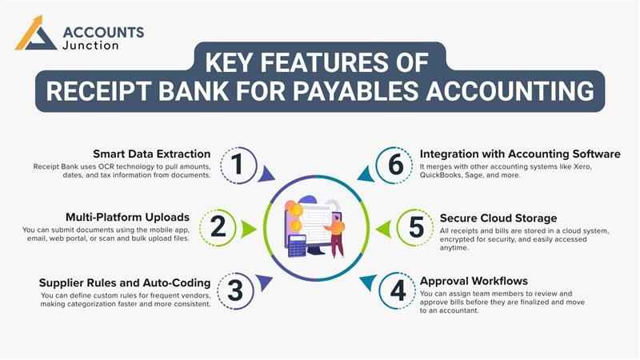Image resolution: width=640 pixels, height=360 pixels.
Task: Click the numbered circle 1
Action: pyautogui.click(x=237, y=164)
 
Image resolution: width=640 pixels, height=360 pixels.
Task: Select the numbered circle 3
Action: pyautogui.click(x=234, y=290)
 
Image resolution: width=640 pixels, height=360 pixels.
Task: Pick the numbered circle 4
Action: pyautogui.click(x=398, y=290)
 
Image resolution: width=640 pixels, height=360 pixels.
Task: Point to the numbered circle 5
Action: pyautogui.click(x=416, y=227)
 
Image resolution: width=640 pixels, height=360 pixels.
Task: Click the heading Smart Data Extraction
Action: pyautogui.click(x=151, y=154)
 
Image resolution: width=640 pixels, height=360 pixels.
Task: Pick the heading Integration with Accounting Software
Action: pyautogui.click(x=520, y=154)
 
